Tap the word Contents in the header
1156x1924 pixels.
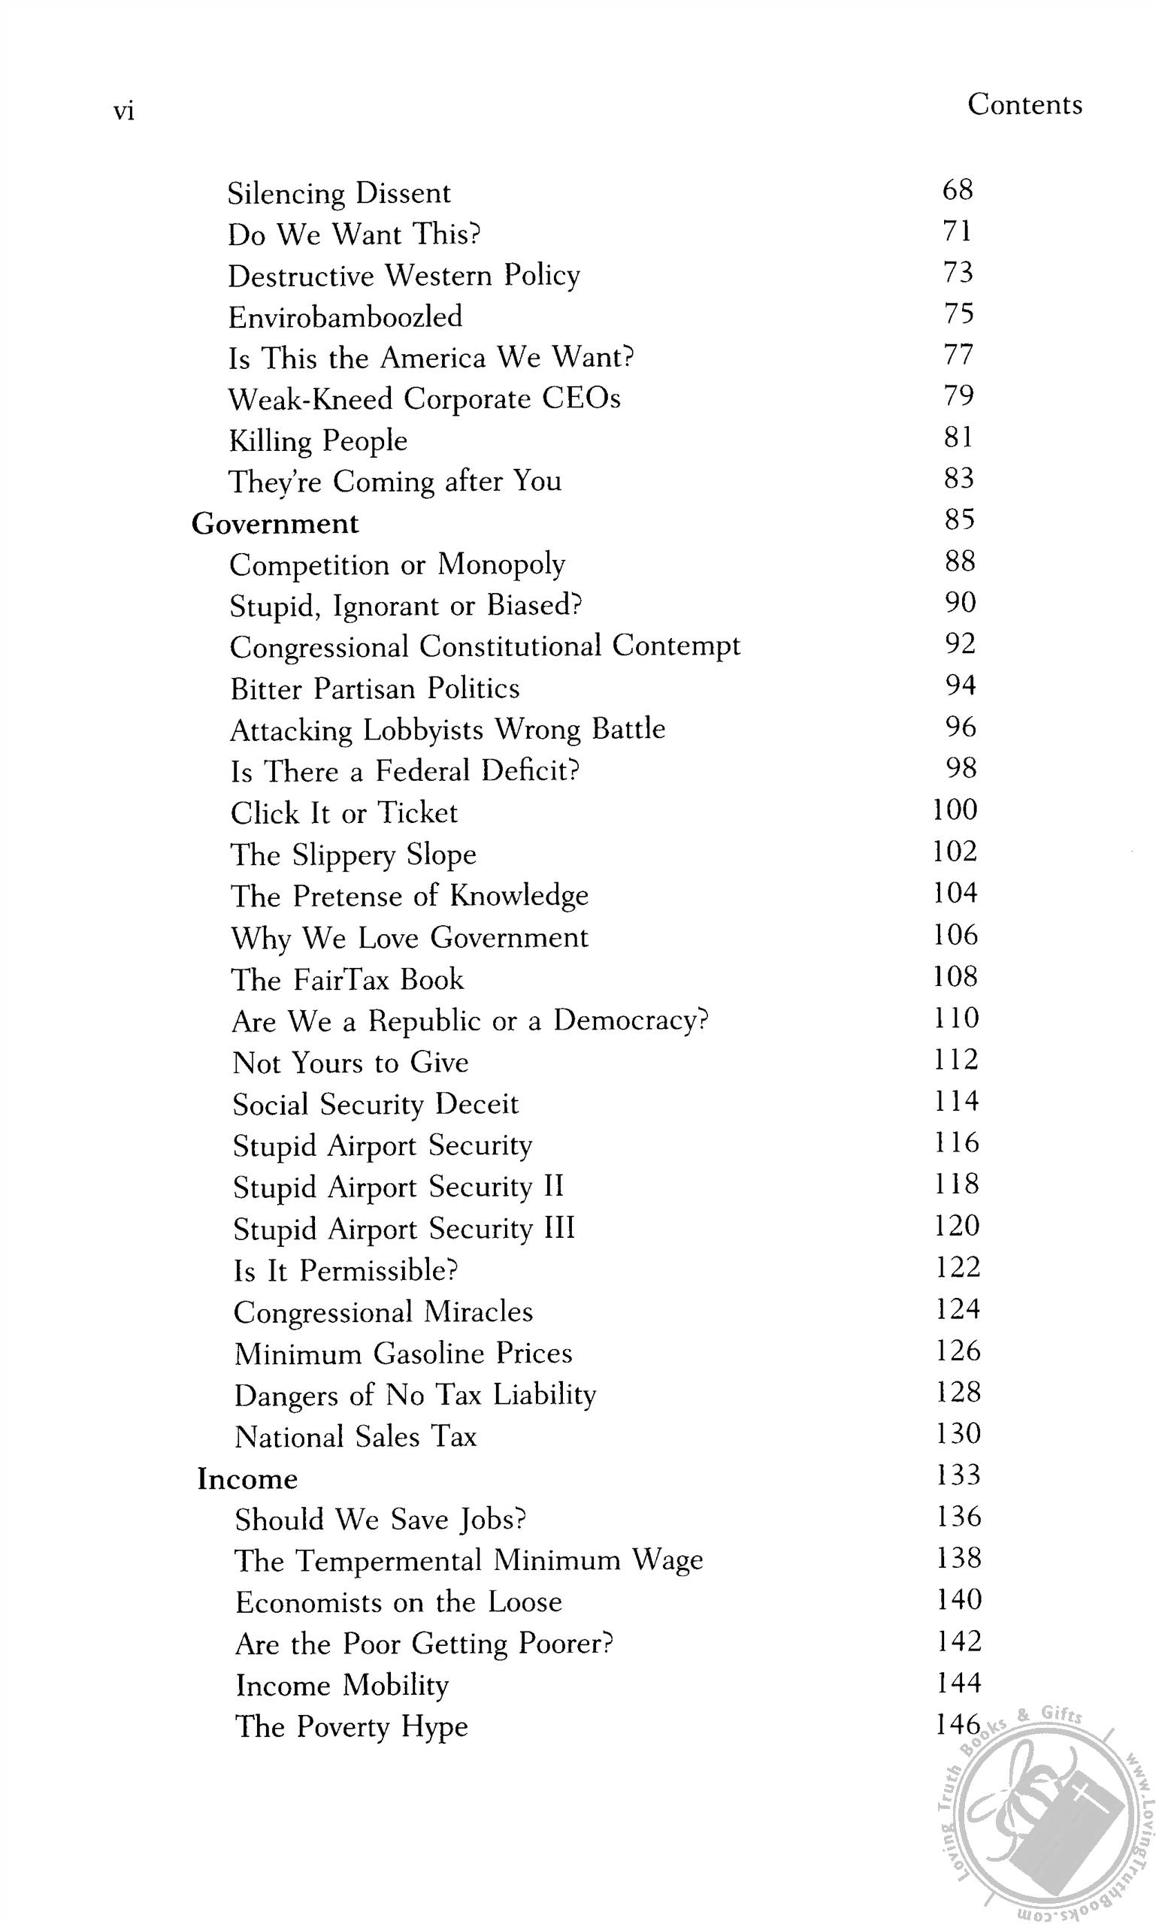[x=1024, y=104]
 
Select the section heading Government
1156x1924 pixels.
[x=275, y=523]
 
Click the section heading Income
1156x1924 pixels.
[x=247, y=1478]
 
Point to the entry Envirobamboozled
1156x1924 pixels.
[x=345, y=317]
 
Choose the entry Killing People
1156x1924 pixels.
[x=318, y=441]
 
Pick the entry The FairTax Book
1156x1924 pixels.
[x=347, y=979]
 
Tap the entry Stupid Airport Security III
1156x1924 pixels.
[x=404, y=1228]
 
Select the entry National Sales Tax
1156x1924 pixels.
[x=356, y=1436]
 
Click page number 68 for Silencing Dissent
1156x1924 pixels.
[x=958, y=189]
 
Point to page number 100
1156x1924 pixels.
[x=955, y=809]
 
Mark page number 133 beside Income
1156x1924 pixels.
[x=958, y=1474]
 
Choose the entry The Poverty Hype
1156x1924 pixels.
[x=351, y=1726]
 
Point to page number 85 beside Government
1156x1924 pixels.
[x=959, y=519]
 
